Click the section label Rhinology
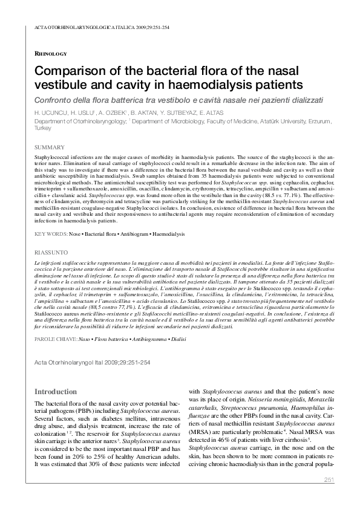[51, 53]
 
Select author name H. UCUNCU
[50, 113]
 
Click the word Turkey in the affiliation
[43, 128]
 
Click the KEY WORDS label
[50, 233]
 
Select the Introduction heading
[56, 392]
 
